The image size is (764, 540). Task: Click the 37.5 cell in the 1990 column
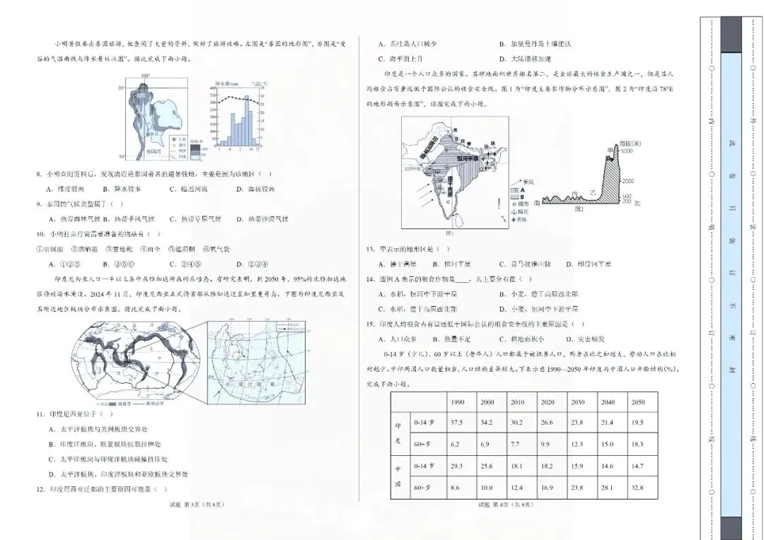point(456,422)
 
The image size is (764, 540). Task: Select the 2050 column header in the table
point(637,401)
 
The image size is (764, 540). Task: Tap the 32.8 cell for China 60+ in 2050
point(637,487)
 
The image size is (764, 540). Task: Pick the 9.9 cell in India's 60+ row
point(548,444)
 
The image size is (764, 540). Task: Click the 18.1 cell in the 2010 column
point(517,466)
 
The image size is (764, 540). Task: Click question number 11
point(40,414)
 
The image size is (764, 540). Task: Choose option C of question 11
point(106,459)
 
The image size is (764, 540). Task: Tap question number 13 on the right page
point(370,249)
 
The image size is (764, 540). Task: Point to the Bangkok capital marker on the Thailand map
point(148,133)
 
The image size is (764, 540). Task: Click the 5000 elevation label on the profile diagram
point(626,151)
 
